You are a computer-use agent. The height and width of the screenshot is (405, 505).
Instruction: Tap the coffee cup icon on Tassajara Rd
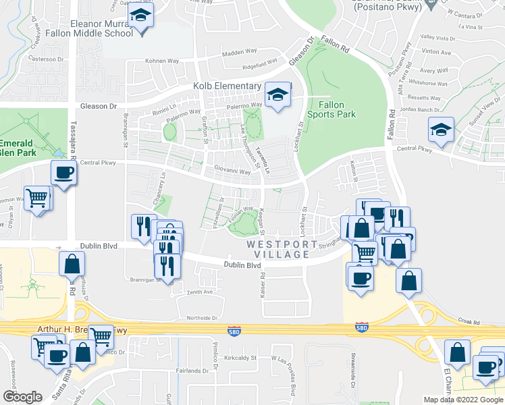[63, 172]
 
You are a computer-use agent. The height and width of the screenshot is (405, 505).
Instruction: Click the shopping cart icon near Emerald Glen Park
[36, 198]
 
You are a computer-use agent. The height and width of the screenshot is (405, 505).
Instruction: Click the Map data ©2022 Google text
[462, 400]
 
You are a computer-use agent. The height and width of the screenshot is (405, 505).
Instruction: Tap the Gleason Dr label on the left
[99, 107]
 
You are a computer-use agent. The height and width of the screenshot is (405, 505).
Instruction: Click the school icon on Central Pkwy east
[441, 129]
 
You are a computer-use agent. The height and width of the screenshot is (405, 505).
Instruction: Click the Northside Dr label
[202, 317]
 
